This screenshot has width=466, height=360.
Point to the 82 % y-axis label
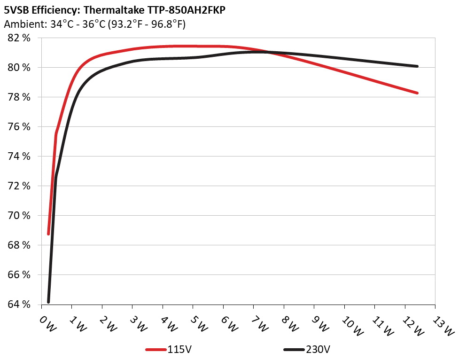click(x=19, y=38)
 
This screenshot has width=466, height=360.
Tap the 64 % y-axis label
click(x=19, y=305)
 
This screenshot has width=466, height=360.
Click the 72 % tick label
click(x=19, y=186)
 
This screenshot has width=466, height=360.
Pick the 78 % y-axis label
click(x=19, y=97)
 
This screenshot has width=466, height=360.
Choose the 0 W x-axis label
click(x=47, y=324)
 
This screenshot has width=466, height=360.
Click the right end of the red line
click(x=417, y=93)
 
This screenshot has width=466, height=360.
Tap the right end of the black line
click(x=417, y=66)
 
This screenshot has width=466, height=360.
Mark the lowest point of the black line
click(x=48, y=302)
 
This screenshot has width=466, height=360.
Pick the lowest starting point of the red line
click(x=48, y=234)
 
